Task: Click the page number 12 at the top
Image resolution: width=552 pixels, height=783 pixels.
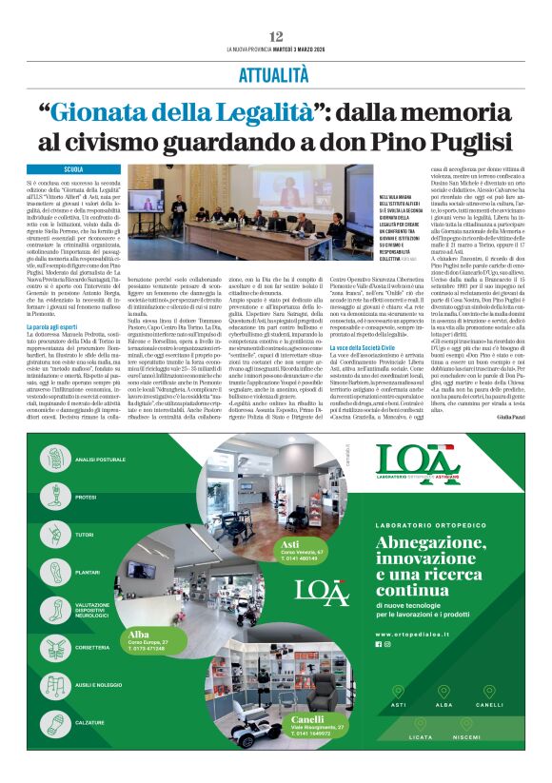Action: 276,36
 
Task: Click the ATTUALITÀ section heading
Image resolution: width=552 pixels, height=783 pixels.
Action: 276,72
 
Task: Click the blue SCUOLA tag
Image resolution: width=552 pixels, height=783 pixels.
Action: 73,168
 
